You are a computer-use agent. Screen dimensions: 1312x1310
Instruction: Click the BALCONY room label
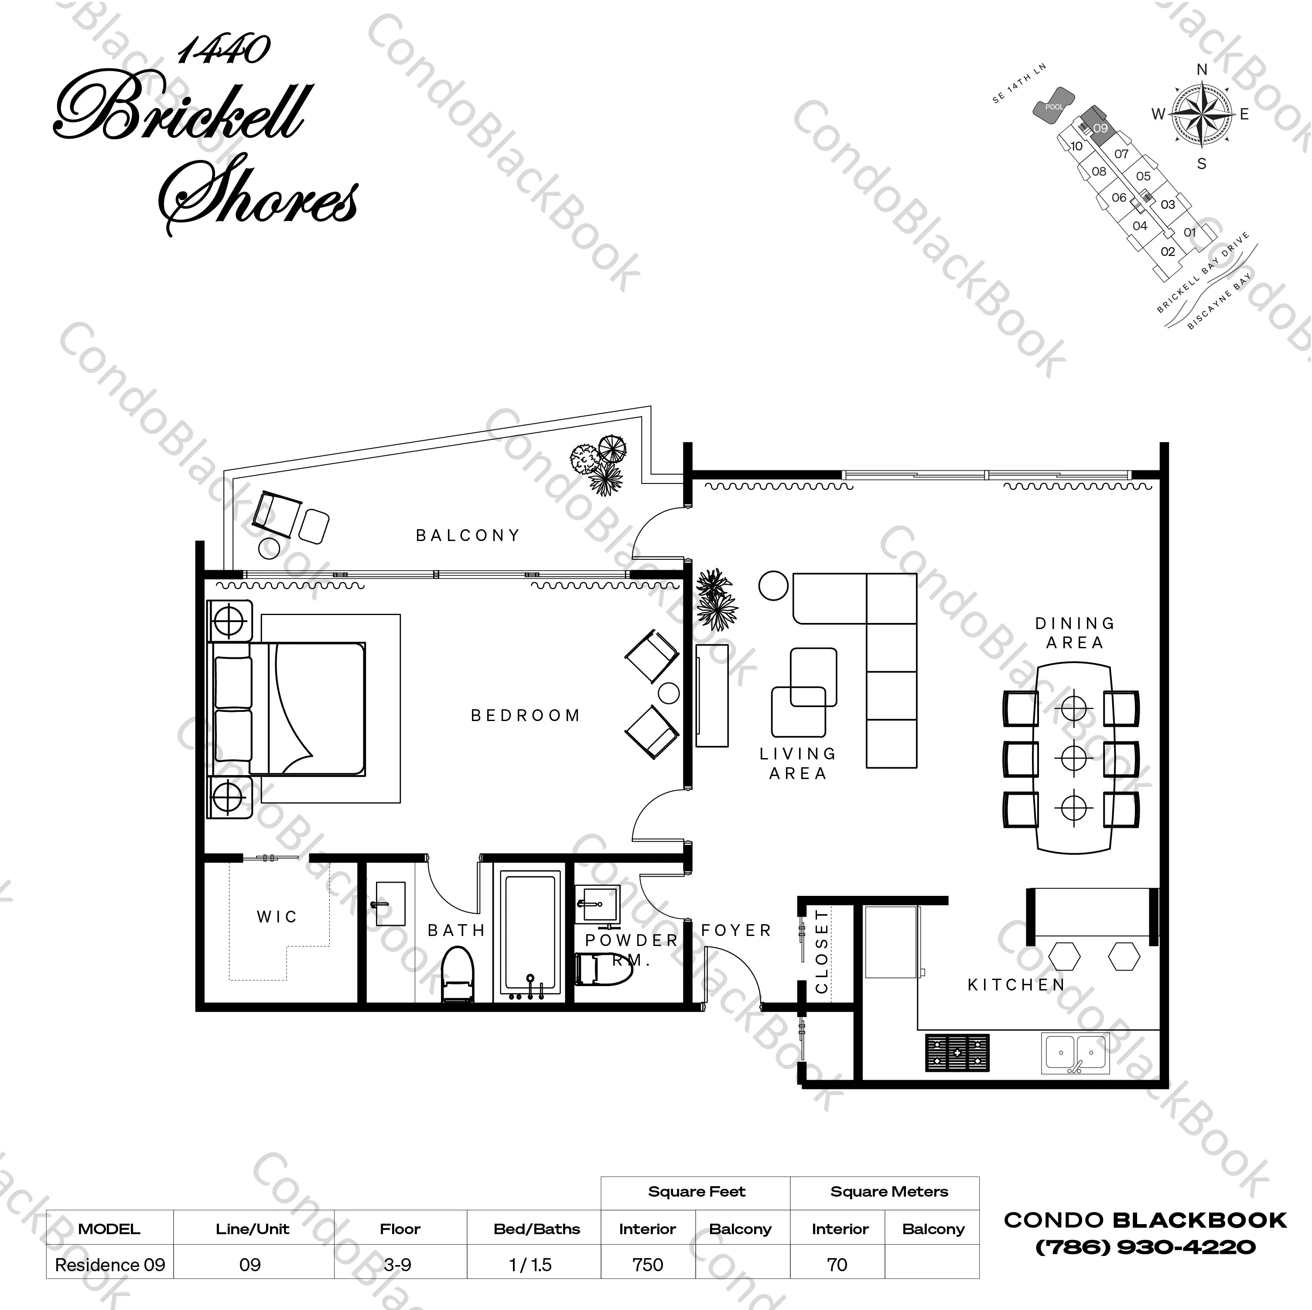(468, 535)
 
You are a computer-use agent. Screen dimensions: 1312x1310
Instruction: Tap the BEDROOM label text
(526, 715)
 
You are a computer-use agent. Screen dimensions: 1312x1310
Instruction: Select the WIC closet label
(277, 917)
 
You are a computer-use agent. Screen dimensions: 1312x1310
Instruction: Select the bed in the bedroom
(289, 709)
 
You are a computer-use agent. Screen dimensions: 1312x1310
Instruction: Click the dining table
(1074, 758)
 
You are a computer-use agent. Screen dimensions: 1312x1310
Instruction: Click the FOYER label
(737, 931)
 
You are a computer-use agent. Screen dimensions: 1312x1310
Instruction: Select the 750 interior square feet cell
(647, 1265)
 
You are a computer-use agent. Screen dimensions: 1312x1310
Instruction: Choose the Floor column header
(400, 1228)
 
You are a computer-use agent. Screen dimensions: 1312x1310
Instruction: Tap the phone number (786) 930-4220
(1145, 1247)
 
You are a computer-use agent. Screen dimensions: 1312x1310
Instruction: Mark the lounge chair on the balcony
(277, 514)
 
